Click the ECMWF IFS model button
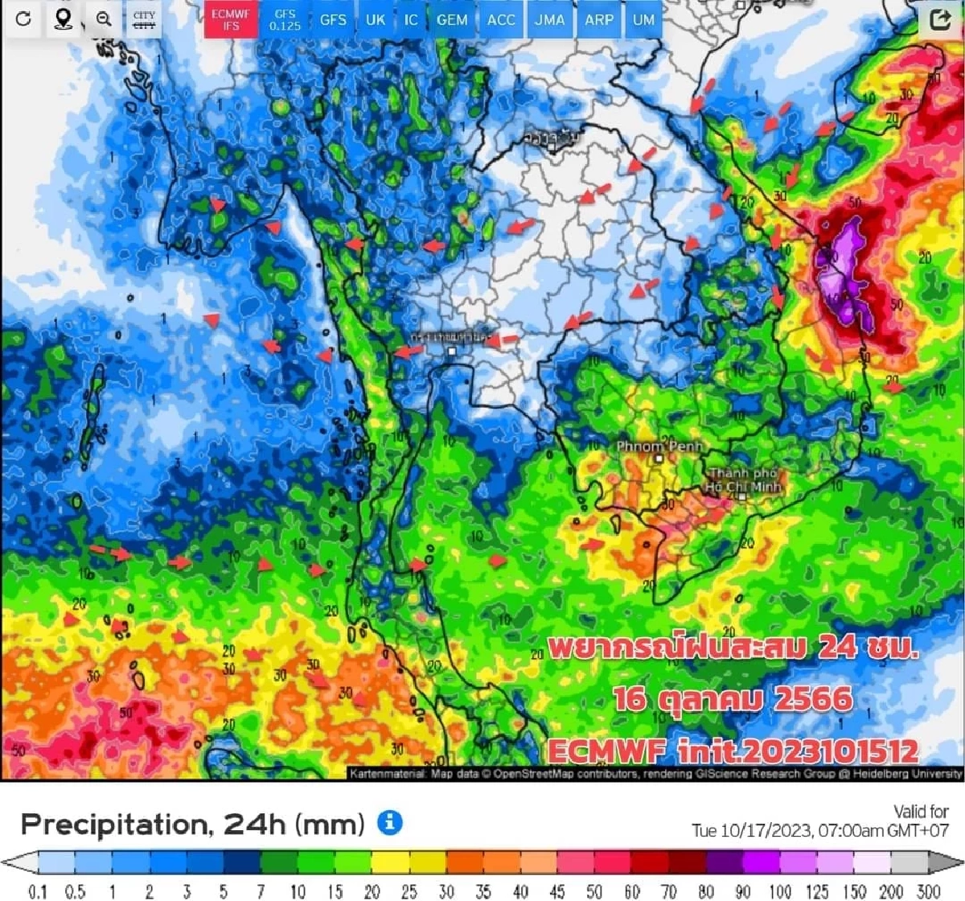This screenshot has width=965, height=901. point(231,20)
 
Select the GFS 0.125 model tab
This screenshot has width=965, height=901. point(285,20)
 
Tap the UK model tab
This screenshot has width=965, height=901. point(376,20)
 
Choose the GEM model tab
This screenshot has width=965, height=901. point(452,20)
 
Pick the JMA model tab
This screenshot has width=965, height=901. point(549,20)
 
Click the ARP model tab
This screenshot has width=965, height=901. point(599,20)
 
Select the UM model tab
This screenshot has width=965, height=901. point(643,20)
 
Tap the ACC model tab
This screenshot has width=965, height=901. point(501,20)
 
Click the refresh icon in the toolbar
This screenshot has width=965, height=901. point(23,19)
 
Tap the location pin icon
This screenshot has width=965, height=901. point(63,19)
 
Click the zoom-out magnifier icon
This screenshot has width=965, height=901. point(103,19)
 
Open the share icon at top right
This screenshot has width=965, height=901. point(939,19)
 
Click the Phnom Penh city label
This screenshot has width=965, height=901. point(659,446)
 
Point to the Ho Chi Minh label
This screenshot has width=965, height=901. point(743,480)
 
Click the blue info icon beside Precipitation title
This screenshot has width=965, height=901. point(390,822)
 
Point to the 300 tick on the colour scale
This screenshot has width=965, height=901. point(929,891)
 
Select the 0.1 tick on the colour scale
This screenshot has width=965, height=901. point(37,891)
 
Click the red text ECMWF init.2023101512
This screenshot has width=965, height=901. point(733,751)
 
